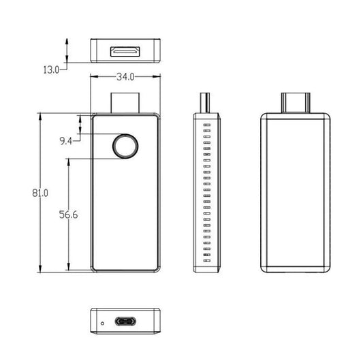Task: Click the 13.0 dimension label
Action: pyautogui.click(x=51, y=69)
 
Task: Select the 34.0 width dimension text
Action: pyautogui.click(x=125, y=77)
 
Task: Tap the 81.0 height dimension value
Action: pyautogui.click(x=40, y=193)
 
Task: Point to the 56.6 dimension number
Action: pyautogui.click(x=68, y=215)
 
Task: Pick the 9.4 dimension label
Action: pyautogui.click(x=66, y=141)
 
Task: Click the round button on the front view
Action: pyautogui.click(x=125, y=146)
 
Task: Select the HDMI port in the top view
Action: pyautogui.click(x=125, y=51)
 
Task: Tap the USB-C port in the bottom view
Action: pyautogui.click(x=125, y=321)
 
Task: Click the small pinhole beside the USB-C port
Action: pyautogui.click(x=103, y=323)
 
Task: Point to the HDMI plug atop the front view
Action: pyautogui.click(x=125, y=103)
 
